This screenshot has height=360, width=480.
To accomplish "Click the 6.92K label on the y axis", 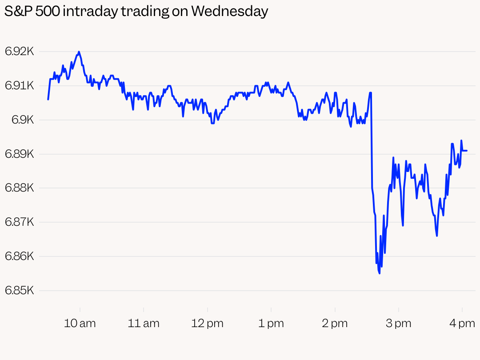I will [20, 52].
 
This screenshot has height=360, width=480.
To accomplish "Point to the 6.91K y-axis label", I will [20, 86].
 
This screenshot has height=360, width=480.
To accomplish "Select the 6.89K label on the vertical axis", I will [20, 154].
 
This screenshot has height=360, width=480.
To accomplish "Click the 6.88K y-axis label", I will [20, 188].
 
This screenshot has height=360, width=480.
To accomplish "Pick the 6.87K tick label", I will [20, 222].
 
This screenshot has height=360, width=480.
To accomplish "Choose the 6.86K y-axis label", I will [20, 256].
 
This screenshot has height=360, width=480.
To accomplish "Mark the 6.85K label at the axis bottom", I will [20, 291].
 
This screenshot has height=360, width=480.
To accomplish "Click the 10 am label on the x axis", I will [80, 323].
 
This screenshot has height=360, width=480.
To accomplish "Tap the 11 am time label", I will [144, 323].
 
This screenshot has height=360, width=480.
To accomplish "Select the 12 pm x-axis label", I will [208, 323].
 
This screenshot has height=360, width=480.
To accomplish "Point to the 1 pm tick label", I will [271, 323].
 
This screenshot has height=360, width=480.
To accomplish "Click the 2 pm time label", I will [335, 323].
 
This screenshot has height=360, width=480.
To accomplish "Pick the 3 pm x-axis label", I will [399, 323].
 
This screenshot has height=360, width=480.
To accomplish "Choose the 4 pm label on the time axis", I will [462, 323].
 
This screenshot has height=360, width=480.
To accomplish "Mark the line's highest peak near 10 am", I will [79, 52].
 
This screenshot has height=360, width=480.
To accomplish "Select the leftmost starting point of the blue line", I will [48, 99].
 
